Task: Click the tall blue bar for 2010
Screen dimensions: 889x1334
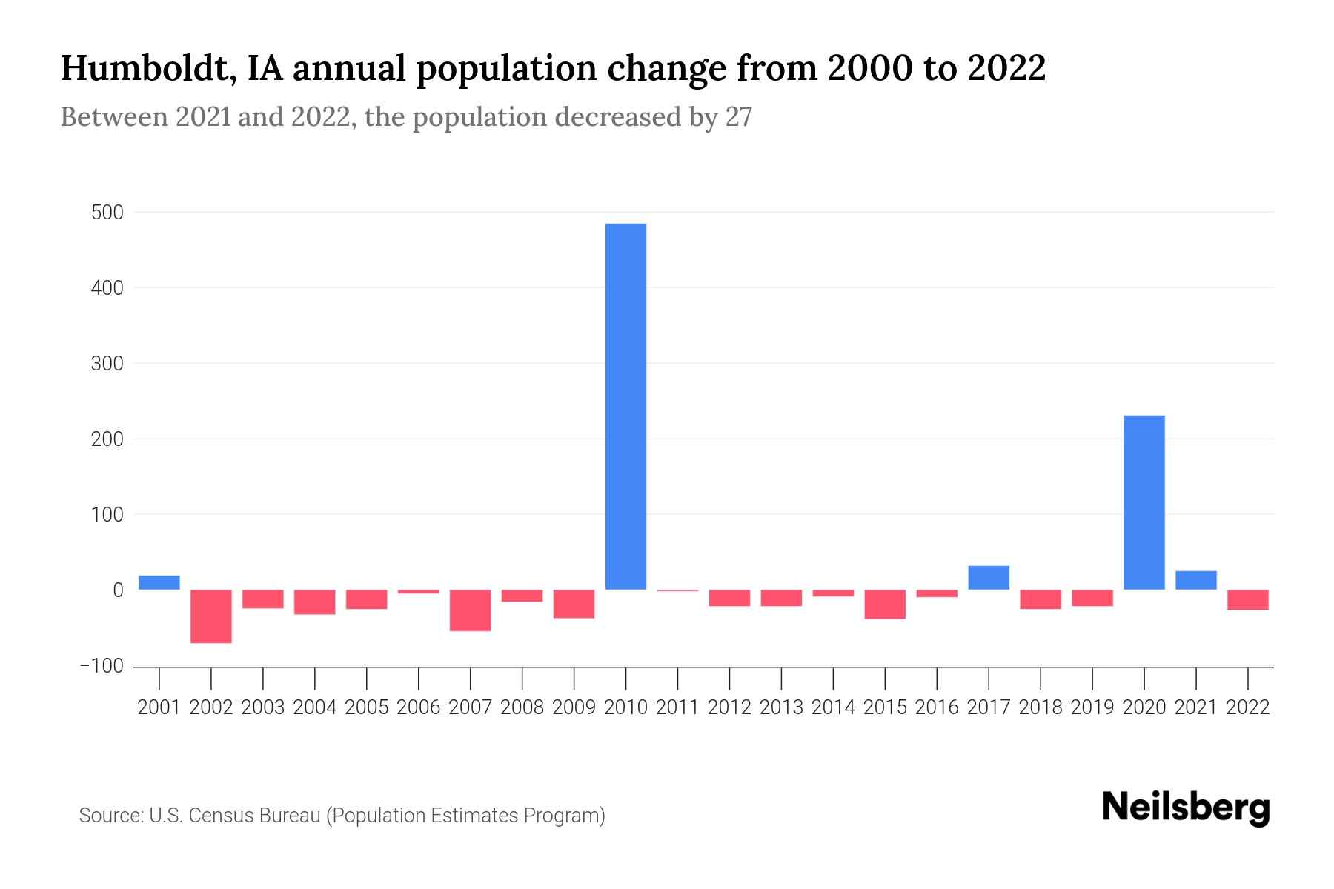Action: tap(625, 406)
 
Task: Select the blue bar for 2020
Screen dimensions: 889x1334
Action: tap(1144, 502)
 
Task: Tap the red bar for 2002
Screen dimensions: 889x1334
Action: tap(211, 616)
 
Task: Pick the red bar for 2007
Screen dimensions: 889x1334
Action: tap(470, 610)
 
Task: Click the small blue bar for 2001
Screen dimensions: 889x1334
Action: tap(159, 582)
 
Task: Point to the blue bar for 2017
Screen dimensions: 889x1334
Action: tap(988, 578)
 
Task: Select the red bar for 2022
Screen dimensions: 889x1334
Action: tap(1247, 600)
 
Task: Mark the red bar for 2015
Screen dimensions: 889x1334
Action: tap(884, 605)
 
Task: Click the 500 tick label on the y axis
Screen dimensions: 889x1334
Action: tap(107, 213)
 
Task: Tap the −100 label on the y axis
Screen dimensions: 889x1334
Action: tap(102, 666)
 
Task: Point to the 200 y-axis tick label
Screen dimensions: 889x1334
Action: tap(107, 439)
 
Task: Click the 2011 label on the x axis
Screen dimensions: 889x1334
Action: tap(677, 707)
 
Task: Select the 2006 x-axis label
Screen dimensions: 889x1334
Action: tap(418, 707)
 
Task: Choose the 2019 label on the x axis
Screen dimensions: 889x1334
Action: tap(1092, 707)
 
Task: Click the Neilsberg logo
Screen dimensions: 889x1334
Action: tap(1186, 808)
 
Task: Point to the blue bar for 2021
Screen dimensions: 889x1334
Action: tap(1195, 580)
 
